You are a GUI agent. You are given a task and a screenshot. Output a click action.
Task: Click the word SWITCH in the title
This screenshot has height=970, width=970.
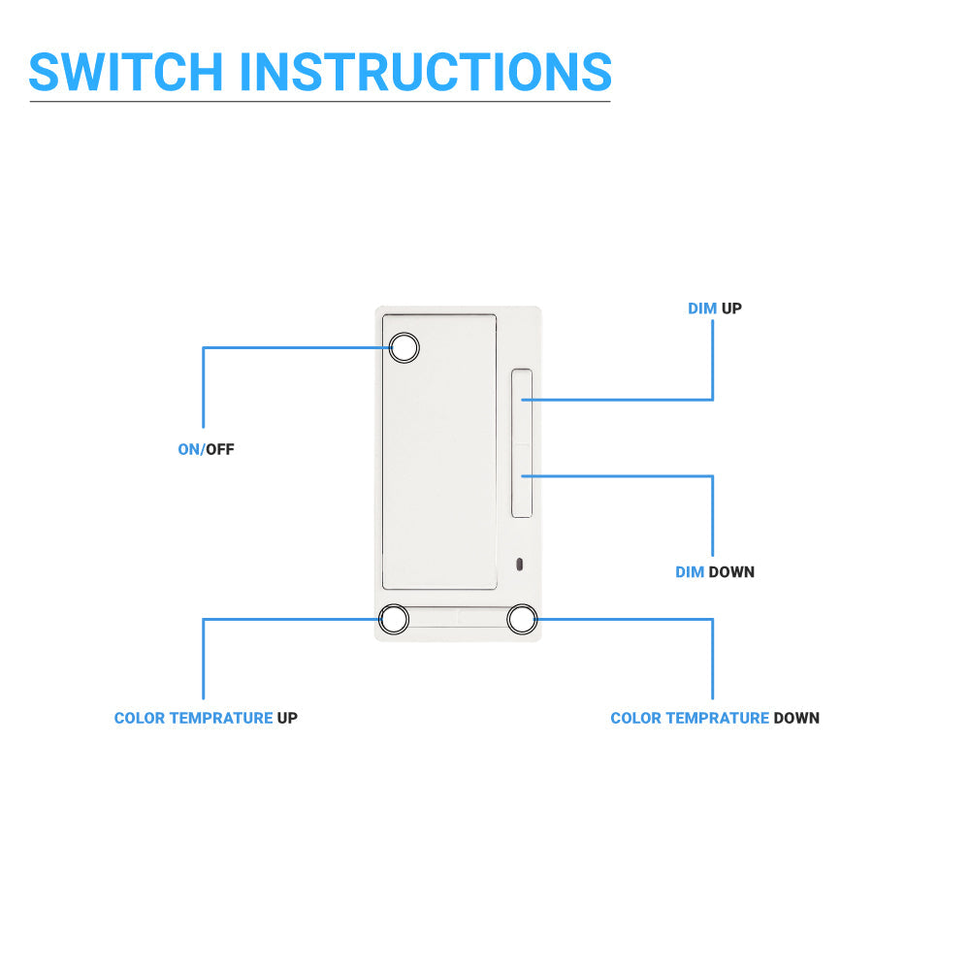pyautogui.click(x=126, y=71)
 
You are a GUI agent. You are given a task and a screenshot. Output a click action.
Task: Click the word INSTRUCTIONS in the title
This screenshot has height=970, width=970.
pyautogui.click(x=425, y=71)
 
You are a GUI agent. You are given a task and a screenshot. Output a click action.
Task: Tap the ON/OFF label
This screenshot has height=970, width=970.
pyautogui.click(x=206, y=450)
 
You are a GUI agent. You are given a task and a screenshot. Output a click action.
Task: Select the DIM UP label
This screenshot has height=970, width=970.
pyautogui.click(x=715, y=308)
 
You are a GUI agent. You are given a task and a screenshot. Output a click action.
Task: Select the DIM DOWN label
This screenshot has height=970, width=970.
pyautogui.click(x=715, y=572)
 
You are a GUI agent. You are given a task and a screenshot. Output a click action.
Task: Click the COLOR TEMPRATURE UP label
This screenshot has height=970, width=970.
pyautogui.click(x=206, y=719)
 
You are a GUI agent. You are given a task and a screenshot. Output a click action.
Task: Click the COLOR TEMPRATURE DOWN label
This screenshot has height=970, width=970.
pyautogui.click(x=715, y=719)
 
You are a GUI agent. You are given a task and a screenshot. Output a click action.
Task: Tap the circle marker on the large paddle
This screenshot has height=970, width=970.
pyautogui.click(x=404, y=348)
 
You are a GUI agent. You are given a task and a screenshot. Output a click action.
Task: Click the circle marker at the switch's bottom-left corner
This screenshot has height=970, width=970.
pyautogui.click(x=395, y=619)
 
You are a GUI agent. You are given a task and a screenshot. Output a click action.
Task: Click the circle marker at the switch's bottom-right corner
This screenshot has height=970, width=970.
pyautogui.click(x=522, y=619)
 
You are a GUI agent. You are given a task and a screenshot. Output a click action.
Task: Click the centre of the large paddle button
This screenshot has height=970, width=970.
pyautogui.click(x=439, y=451)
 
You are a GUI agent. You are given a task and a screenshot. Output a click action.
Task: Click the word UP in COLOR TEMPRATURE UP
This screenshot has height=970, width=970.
pyautogui.click(x=287, y=719)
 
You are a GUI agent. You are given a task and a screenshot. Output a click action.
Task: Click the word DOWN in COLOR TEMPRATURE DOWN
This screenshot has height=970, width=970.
pyautogui.click(x=796, y=719)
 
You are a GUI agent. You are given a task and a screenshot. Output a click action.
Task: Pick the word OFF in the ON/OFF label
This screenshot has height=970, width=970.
pyautogui.click(x=220, y=450)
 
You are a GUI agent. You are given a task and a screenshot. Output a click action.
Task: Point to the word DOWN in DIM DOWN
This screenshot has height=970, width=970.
pyautogui.click(x=731, y=572)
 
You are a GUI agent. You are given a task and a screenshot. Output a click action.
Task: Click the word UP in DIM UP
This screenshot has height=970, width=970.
pyautogui.click(x=731, y=308)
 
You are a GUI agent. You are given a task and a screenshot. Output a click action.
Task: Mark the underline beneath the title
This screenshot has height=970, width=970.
pyautogui.click(x=320, y=101)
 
